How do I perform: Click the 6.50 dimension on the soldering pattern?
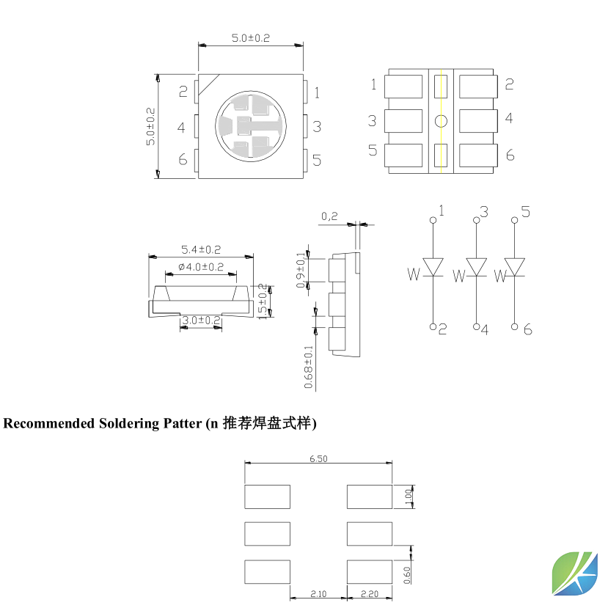click(318, 458)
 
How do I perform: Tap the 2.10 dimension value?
click(318, 594)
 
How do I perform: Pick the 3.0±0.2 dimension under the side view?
click(201, 321)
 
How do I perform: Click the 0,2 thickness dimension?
click(329, 216)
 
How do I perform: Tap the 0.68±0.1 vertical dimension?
click(309, 367)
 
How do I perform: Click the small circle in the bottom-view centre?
click(440, 121)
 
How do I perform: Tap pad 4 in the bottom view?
click(477, 121)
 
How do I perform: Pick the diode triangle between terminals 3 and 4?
click(477, 267)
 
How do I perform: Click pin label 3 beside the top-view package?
click(317, 126)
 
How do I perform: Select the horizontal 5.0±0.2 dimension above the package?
click(250, 38)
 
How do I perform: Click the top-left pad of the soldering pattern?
click(267, 497)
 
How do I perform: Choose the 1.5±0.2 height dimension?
click(263, 301)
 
